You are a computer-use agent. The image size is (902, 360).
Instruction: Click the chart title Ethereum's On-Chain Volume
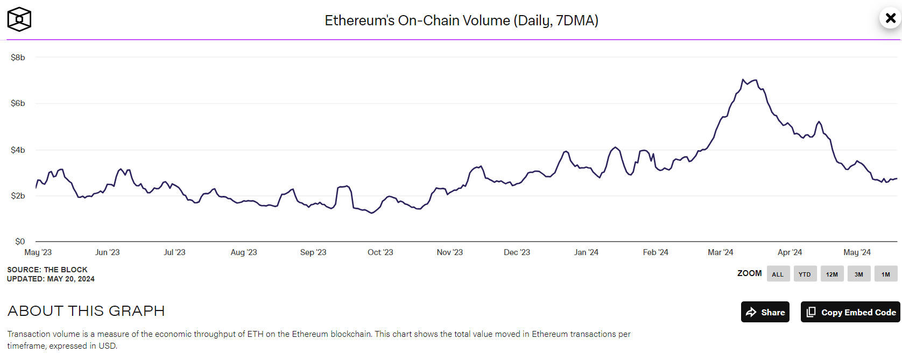click(x=461, y=20)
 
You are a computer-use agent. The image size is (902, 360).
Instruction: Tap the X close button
click(x=890, y=18)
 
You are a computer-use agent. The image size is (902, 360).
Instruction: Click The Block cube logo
click(x=19, y=19)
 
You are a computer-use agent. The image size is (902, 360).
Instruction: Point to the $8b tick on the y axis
click(x=18, y=58)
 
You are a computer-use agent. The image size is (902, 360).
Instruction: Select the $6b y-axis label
click(x=18, y=103)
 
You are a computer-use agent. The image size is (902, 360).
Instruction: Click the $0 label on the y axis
click(x=20, y=242)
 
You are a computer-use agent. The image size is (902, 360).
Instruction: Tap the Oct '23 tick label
click(x=380, y=252)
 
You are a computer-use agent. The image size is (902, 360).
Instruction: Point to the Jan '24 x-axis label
click(x=586, y=252)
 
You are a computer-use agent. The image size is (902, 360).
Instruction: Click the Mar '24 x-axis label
click(x=720, y=252)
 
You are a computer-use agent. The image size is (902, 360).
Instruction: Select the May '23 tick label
click(x=38, y=252)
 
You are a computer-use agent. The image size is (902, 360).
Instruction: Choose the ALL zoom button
click(x=778, y=274)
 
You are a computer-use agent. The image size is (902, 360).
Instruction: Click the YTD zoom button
click(x=805, y=274)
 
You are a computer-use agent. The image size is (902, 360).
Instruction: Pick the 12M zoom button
click(x=832, y=274)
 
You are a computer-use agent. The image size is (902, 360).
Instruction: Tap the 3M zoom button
click(x=859, y=274)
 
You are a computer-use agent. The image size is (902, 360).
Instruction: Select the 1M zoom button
click(x=886, y=274)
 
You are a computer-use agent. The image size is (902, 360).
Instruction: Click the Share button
click(x=765, y=312)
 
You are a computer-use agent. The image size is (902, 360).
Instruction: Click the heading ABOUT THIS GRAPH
click(x=86, y=311)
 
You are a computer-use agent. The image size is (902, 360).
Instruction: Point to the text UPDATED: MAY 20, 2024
click(x=51, y=279)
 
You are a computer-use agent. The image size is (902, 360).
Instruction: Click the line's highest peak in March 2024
click(x=743, y=80)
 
